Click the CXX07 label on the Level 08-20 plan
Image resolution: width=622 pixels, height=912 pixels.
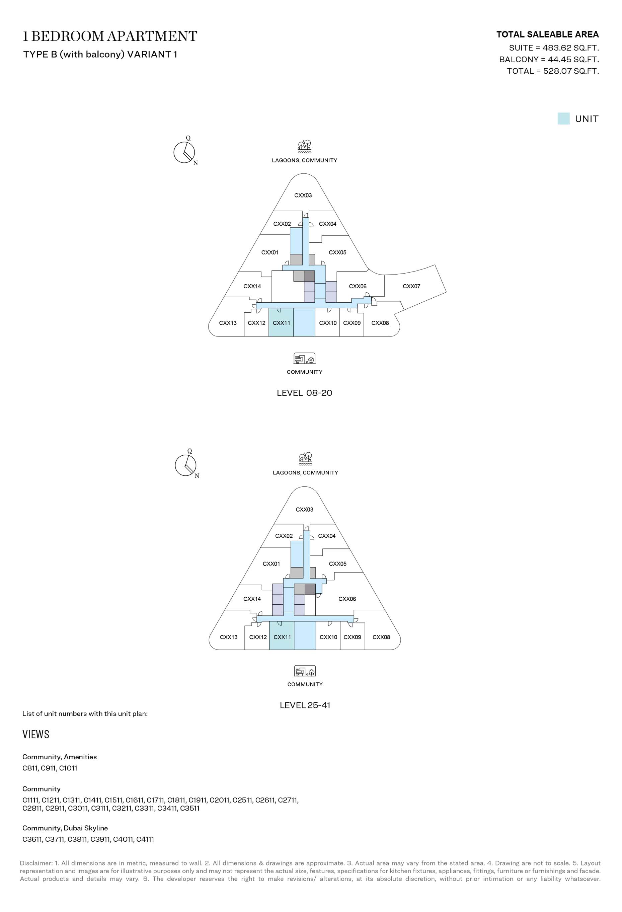[411, 286]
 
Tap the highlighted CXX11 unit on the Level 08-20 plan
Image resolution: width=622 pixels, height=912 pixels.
[281, 322]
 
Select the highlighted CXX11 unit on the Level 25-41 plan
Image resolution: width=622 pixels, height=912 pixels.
[282, 636]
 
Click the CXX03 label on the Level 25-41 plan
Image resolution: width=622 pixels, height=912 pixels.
[305, 509]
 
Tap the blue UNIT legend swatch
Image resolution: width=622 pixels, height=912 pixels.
[563, 119]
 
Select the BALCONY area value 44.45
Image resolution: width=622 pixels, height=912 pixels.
[557, 59]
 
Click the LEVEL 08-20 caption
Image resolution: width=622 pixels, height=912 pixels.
[305, 393]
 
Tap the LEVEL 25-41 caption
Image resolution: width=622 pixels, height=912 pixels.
[305, 705]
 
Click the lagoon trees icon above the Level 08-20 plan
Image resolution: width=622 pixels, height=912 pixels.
[305, 146]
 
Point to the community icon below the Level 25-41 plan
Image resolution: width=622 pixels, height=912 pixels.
[305, 671]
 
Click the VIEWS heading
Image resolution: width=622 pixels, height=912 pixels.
[36, 735]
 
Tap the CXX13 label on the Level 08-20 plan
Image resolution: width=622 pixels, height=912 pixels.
[228, 323]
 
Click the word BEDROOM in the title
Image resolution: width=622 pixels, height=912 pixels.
[68, 36]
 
